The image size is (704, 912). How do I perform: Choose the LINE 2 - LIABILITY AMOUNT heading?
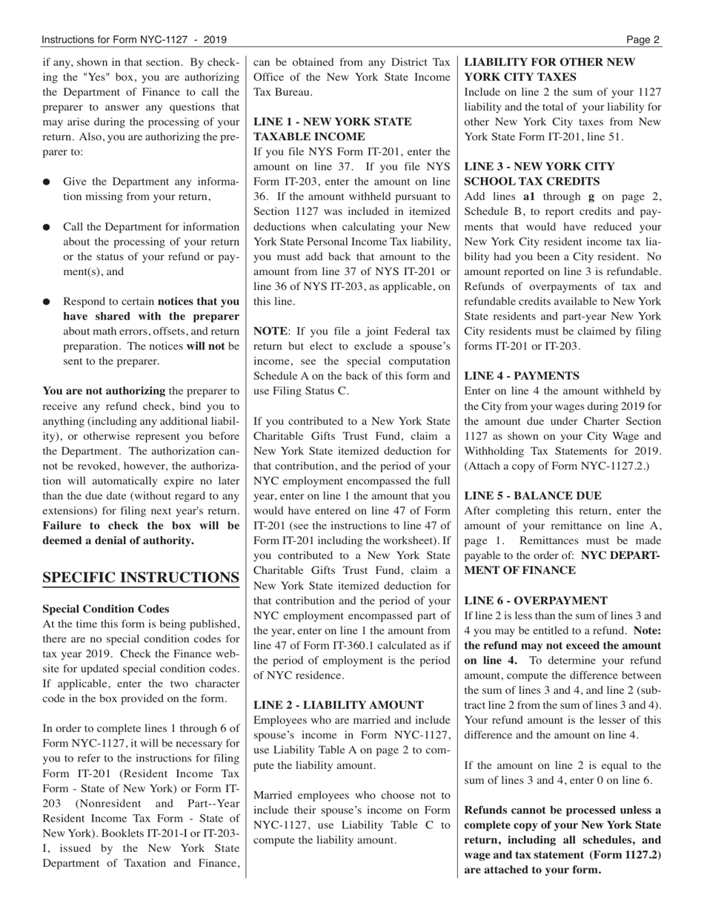coord(339,705)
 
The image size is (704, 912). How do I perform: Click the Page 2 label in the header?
coord(642,39)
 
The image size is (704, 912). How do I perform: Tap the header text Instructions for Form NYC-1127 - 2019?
coord(134,39)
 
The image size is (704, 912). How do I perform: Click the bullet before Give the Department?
coord(47,182)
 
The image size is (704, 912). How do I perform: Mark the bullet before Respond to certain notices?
coord(47,303)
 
